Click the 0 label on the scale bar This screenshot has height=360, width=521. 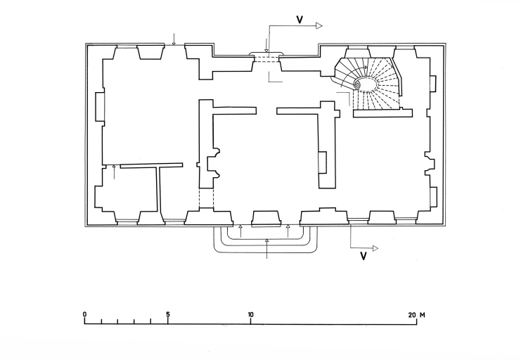(84, 314)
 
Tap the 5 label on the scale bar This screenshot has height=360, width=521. (167, 314)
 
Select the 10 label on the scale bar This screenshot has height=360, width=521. (250, 314)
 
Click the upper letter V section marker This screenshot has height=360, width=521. (300, 19)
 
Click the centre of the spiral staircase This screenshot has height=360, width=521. (356, 85)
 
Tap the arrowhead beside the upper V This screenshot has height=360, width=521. (319, 26)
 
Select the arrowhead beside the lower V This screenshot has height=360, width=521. (375, 247)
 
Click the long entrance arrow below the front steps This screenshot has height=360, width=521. (267, 249)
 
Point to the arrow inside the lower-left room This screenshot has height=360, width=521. (114, 171)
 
